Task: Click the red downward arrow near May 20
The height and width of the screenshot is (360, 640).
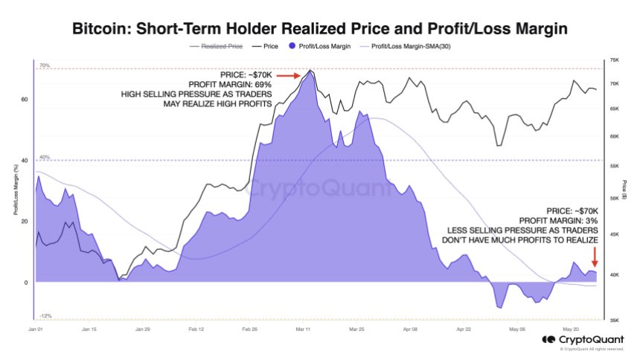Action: pos(595,257)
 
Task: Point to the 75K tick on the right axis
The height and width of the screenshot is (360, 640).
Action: pos(615,60)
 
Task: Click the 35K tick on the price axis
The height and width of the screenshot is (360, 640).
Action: pos(615,320)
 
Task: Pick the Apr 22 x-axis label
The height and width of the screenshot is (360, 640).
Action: pos(464,328)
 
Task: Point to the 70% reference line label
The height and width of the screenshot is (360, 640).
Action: pos(44,66)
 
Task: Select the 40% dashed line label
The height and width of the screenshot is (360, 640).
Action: pos(44,157)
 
